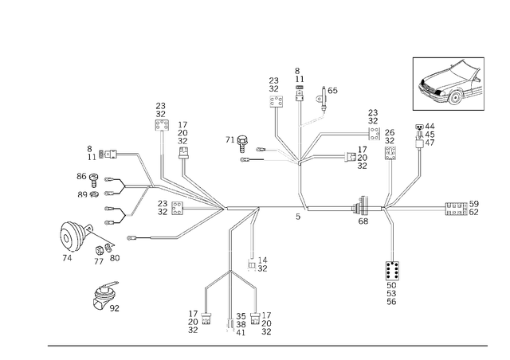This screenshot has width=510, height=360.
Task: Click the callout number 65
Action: [332, 91]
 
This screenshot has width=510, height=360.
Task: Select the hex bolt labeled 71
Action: [241, 143]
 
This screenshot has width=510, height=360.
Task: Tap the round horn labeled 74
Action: [73, 237]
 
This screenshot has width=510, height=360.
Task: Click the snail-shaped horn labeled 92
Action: [104, 295]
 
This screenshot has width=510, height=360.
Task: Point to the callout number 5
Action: [298, 217]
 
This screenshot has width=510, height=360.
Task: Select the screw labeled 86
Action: [94, 180]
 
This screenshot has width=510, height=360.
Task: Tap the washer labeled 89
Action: [95, 195]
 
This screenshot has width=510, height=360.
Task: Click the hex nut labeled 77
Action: [99, 252]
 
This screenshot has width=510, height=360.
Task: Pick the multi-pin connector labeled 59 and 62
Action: [457, 209]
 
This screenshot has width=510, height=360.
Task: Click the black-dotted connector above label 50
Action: [393, 271]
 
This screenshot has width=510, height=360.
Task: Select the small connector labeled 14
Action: [252, 264]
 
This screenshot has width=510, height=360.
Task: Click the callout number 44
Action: [430, 127]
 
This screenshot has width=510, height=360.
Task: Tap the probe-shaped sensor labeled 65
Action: [322, 98]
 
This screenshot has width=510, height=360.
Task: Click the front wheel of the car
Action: [456, 97]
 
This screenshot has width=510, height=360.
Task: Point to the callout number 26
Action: [390, 133]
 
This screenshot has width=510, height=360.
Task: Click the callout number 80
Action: [115, 258]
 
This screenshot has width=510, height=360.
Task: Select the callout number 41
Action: [241, 333]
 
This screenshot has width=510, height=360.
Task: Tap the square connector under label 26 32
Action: [390, 153]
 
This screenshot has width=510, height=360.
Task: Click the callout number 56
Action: [391, 302]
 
